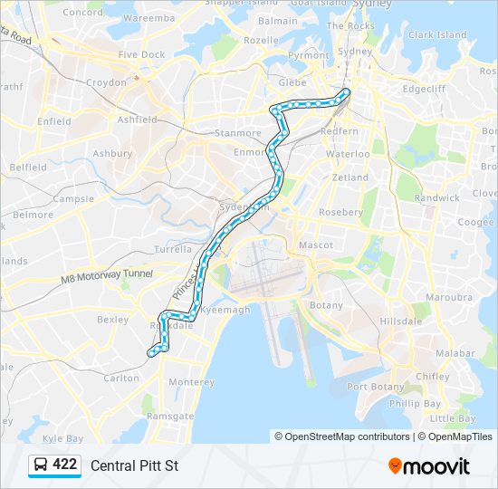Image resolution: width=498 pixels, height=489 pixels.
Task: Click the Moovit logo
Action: (429, 466)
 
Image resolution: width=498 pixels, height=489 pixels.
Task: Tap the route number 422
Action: (64, 465)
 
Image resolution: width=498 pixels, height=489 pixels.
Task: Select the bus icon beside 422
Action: (41, 465)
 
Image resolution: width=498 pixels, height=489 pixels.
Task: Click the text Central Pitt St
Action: (135, 466)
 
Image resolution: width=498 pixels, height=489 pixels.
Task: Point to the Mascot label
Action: (316, 245)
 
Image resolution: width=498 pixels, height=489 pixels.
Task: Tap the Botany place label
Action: (326, 306)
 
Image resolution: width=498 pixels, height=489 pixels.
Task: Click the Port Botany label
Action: (369, 387)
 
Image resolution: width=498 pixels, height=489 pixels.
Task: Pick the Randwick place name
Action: (436, 197)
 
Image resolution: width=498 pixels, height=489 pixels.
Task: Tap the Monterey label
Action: (192, 382)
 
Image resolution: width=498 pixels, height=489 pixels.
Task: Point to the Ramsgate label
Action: (170, 416)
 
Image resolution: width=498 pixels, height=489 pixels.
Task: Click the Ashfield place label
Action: (138, 120)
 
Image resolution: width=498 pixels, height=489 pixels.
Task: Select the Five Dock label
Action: (141, 54)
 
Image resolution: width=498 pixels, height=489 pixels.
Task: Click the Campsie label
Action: (73, 198)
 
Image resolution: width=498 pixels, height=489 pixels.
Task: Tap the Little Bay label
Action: (453, 418)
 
